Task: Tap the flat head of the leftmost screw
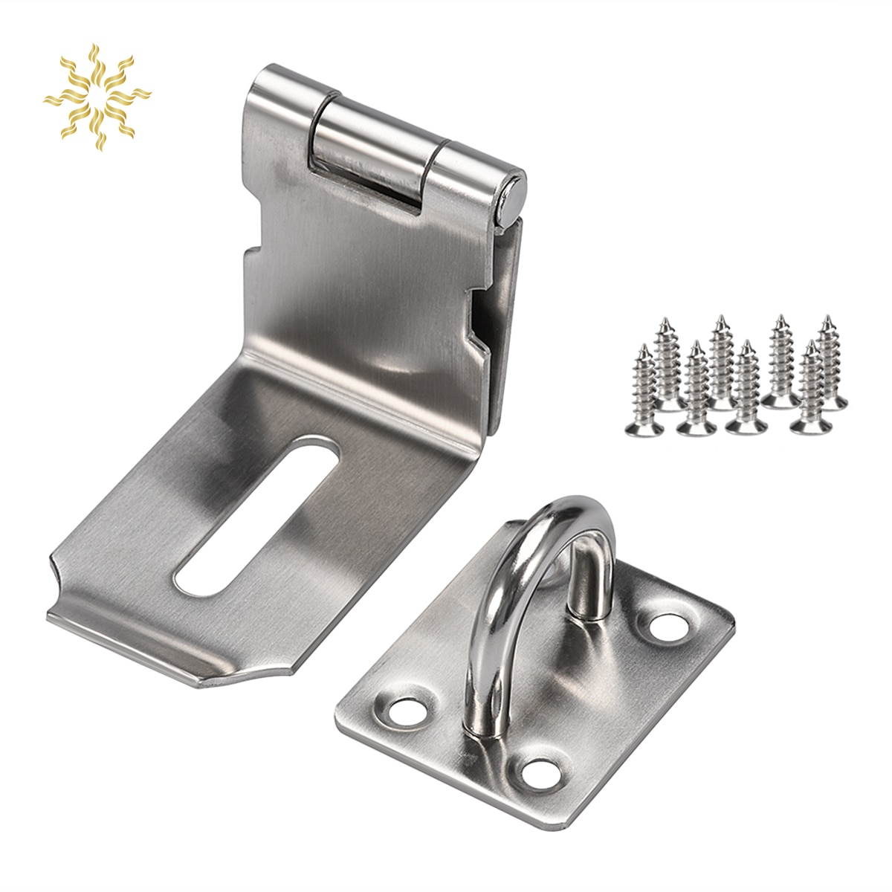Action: click(644, 427)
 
